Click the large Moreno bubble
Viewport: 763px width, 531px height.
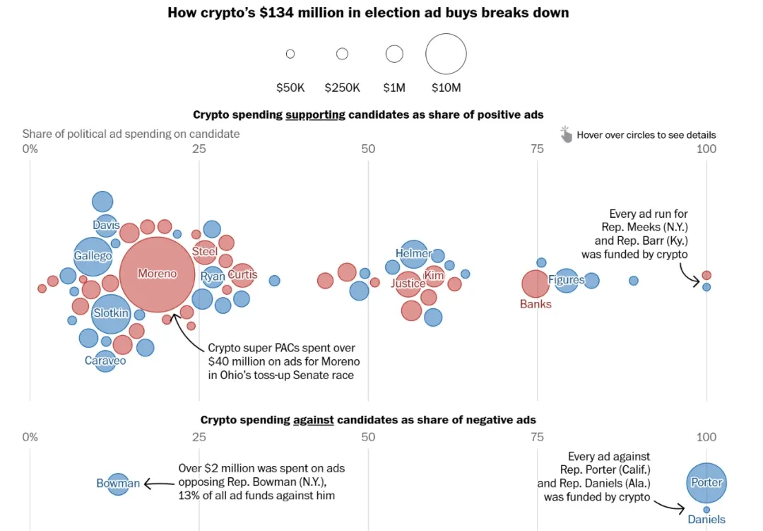(x=157, y=274)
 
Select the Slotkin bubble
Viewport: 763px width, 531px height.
(x=111, y=314)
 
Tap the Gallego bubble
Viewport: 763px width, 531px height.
(x=93, y=256)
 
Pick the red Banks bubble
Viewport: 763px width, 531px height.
(x=536, y=284)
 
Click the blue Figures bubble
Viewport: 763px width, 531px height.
(x=567, y=281)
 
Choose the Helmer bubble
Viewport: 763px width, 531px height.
(x=414, y=254)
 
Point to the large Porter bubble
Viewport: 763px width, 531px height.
(x=706, y=483)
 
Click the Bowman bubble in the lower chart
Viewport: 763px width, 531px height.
(x=119, y=484)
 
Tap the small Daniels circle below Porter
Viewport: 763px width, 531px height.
(x=706, y=509)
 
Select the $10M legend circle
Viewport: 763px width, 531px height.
(x=446, y=54)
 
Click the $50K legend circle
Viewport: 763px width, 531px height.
(x=290, y=54)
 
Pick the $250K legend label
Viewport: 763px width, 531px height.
(x=342, y=88)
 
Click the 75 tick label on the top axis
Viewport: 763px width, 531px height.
(x=537, y=148)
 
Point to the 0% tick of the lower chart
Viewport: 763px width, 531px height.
(x=30, y=437)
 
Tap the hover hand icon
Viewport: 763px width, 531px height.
(x=566, y=134)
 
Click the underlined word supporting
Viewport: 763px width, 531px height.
(x=315, y=115)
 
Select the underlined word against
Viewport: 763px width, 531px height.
(x=313, y=419)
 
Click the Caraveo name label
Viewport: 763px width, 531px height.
(x=105, y=361)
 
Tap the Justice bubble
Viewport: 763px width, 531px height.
(x=408, y=284)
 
